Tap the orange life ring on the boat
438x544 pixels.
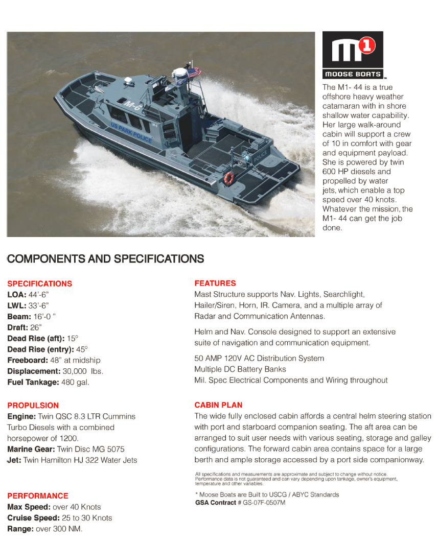(x=228, y=178)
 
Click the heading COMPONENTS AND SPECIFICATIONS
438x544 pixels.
(x=105, y=259)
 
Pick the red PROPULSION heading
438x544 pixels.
(x=33, y=405)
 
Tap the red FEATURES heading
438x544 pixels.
(x=215, y=283)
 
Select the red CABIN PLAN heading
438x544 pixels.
(x=218, y=405)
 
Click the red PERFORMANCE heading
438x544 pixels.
(x=38, y=495)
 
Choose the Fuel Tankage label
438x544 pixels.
(x=33, y=382)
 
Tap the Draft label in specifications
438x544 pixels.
(x=18, y=327)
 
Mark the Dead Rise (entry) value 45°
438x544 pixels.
(x=82, y=349)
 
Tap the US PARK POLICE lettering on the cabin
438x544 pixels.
(x=131, y=132)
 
